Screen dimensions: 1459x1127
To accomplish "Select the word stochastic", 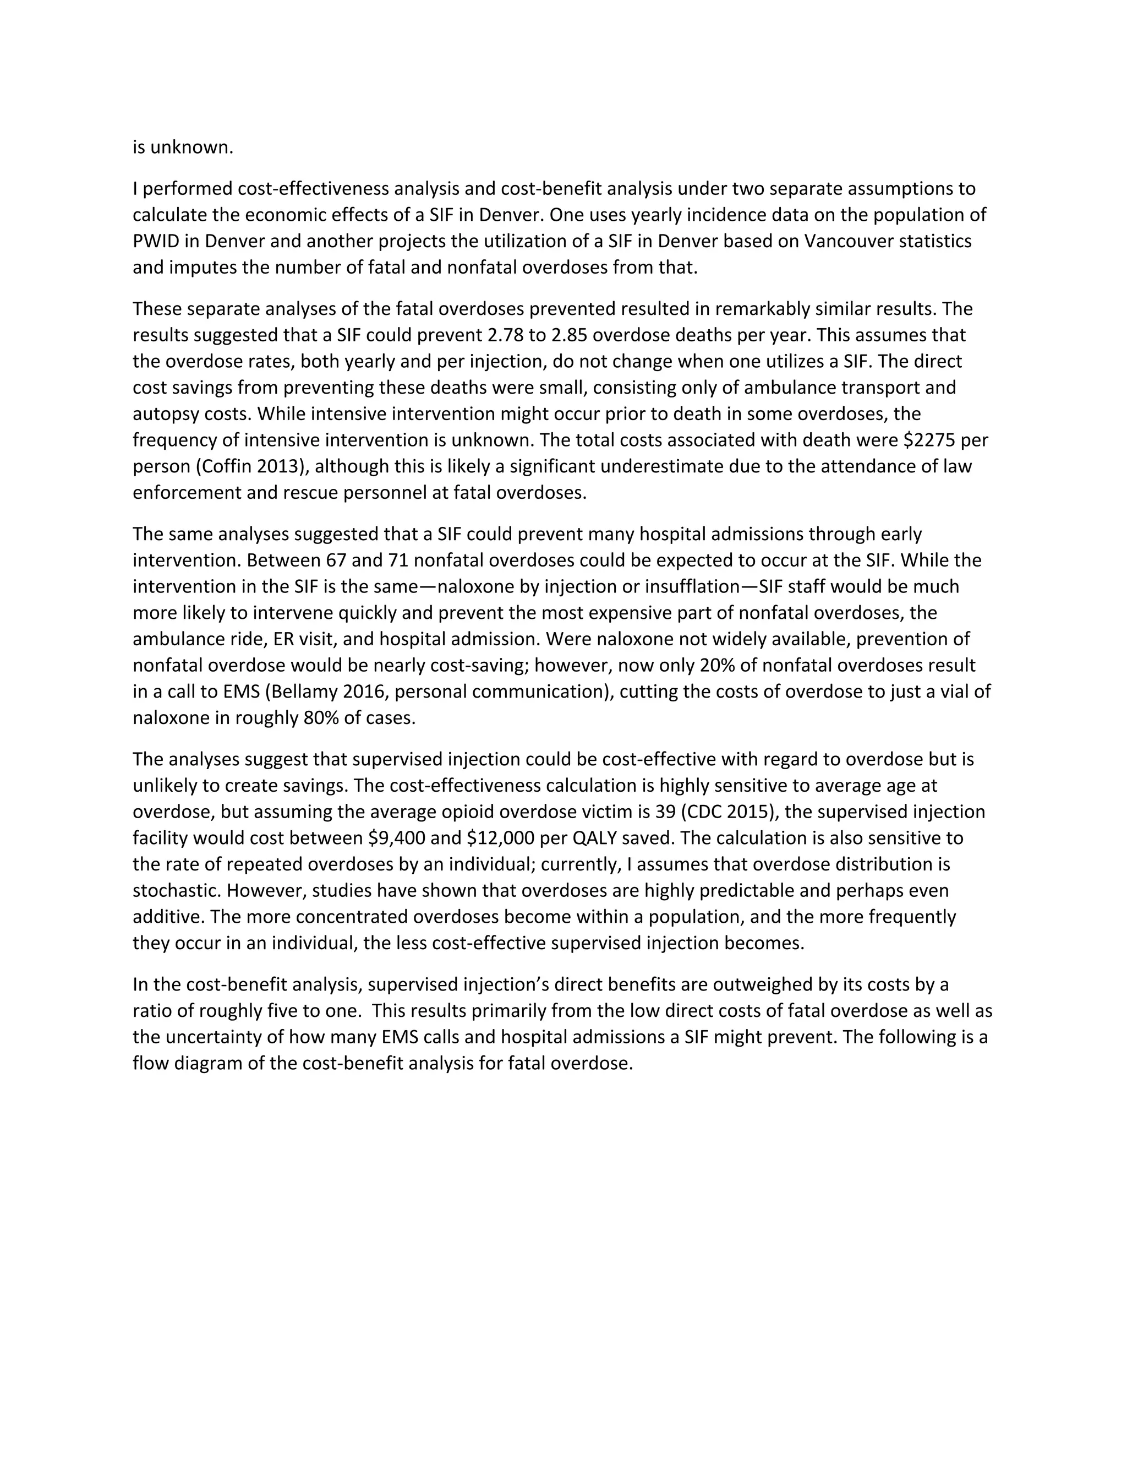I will coord(177,890).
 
